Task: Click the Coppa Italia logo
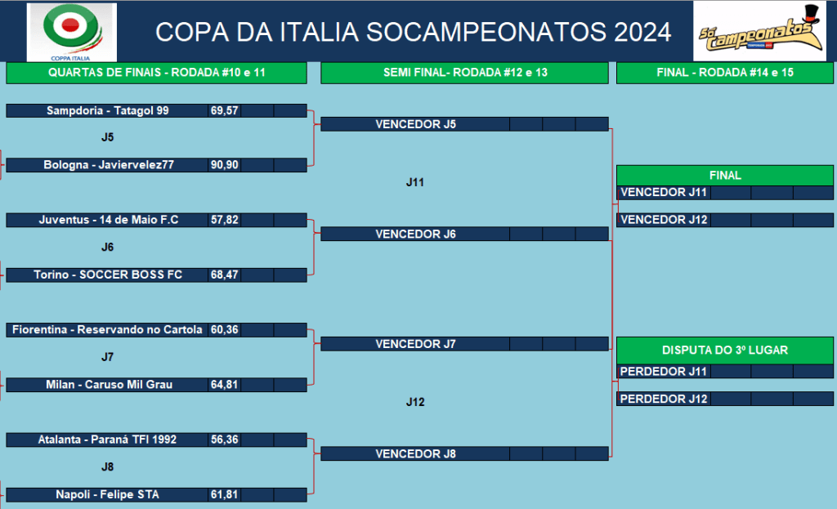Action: [x=72, y=32]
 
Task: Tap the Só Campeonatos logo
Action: [x=759, y=31]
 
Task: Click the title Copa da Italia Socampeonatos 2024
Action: [x=413, y=32]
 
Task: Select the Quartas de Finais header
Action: [x=156, y=73]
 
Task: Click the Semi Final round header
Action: [x=464, y=73]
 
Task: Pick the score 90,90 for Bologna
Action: [x=224, y=165]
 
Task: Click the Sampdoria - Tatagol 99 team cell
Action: [x=107, y=110]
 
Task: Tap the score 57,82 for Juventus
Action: [x=224, y=220]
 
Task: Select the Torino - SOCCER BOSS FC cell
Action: [x=107, y=275]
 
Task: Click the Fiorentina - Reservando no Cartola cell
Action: [x=107, y=330]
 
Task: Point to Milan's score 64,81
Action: [x=224, y=385]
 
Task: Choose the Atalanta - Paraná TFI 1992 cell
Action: [x=107, y=440]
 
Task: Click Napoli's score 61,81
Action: [x=224, y=494]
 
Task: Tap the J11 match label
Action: [x=414, y=182]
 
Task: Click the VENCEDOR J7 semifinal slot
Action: [x=415, y=344]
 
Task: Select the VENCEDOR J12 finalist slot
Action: [x=664, y=220]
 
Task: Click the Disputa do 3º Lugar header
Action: [x=725, y=350]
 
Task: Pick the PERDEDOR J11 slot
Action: [x=664, y=372]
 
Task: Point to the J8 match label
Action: [x=107, y=467]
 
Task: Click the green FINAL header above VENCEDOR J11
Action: [x=725, y=176]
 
